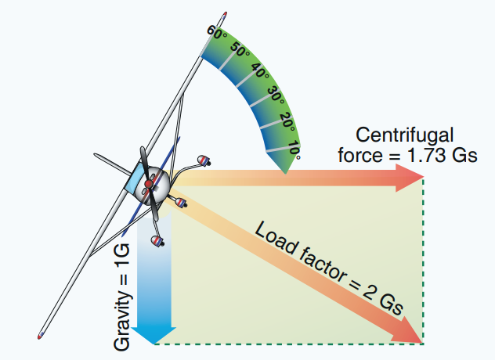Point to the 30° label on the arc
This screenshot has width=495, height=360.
275,95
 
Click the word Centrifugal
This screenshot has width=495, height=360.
404,133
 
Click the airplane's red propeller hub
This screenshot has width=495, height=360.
149,185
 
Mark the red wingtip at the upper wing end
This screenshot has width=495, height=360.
224,16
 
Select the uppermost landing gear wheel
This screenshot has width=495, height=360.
205,162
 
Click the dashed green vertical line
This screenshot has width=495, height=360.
424,258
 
